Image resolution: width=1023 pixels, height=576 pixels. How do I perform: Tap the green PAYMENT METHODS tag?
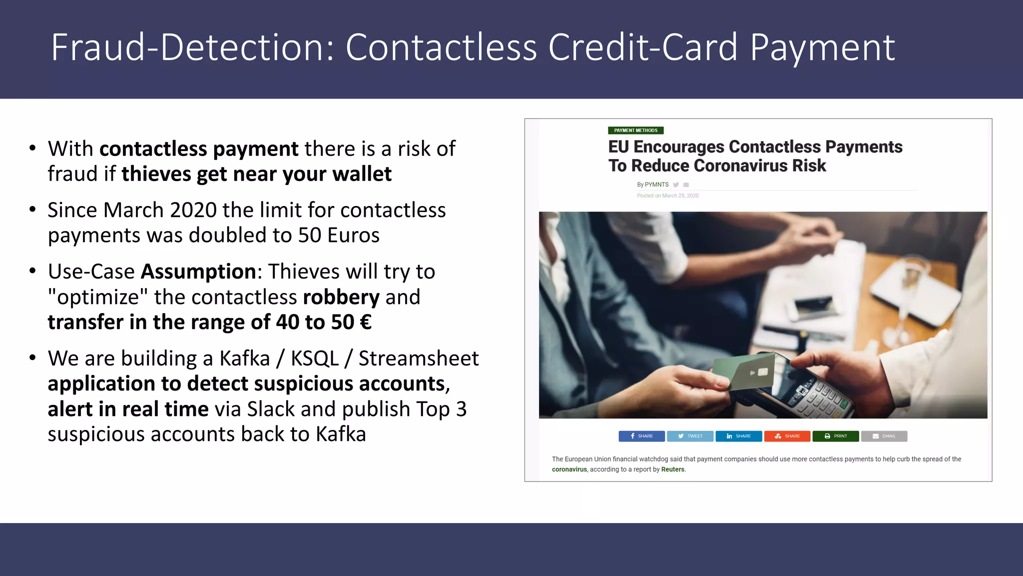635,130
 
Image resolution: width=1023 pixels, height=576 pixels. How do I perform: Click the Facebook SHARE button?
641,436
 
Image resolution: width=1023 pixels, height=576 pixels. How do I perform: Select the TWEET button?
690,436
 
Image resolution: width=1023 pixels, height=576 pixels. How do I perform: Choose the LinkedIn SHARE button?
738,436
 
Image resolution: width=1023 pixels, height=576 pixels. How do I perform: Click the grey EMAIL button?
884,436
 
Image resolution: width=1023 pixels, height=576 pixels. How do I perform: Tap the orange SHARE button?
787,436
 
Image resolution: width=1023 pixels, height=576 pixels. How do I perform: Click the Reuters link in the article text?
672,469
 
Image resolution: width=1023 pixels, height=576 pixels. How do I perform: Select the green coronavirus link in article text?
569,469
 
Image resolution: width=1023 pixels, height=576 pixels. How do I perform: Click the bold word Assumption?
198,271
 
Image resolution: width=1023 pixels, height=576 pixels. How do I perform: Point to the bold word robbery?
341,297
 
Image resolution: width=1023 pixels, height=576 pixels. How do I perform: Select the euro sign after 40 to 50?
366,322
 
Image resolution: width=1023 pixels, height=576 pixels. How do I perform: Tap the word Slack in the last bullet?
271,409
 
